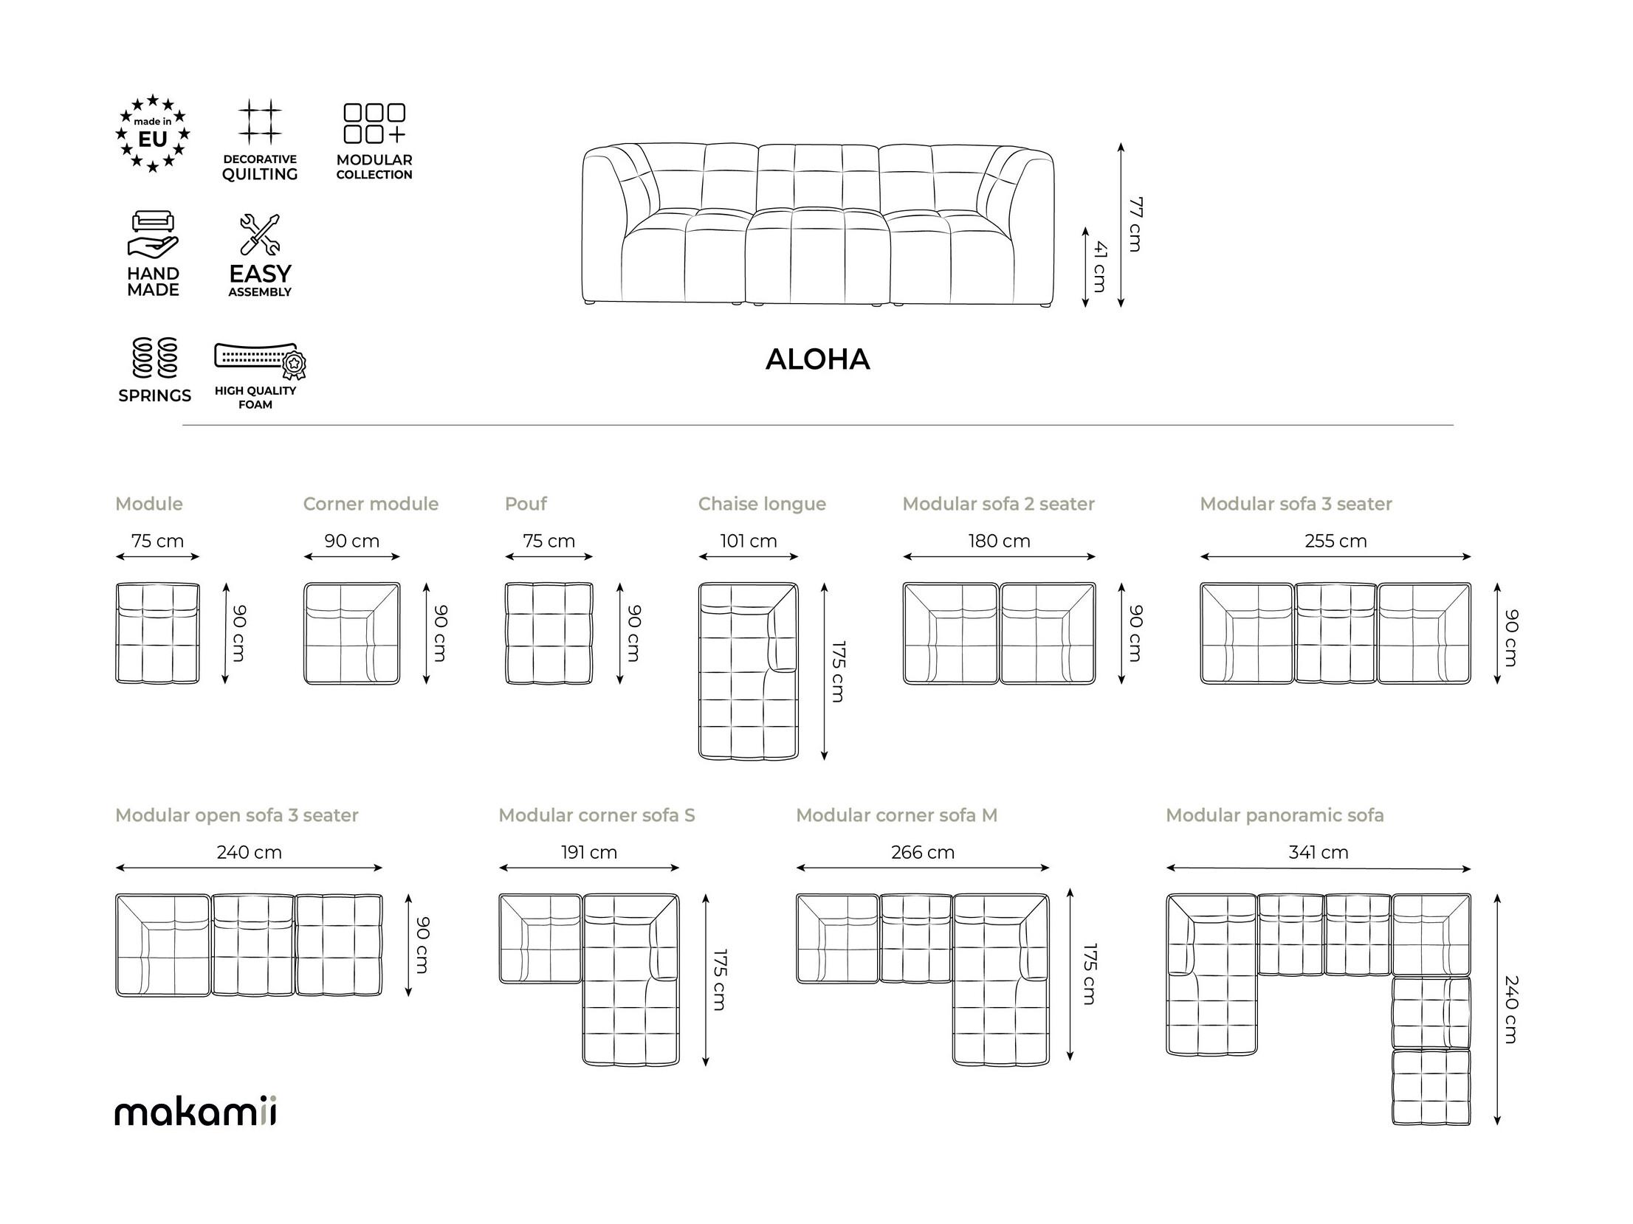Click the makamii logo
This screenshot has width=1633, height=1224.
(x=196, y=1112)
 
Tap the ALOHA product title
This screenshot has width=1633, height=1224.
(x=818, y=359)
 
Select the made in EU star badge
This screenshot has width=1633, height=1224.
(x=153, y=134)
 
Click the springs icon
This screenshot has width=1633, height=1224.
(x=155, y=358)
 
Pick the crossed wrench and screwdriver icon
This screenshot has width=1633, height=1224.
(x=260, y=235)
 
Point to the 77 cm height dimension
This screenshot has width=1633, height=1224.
(x=1135, y=224)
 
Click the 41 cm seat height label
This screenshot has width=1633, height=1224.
(x=1100, y=266)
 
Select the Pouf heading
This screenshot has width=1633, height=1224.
(x=526, y=504)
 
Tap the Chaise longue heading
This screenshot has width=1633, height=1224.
(x=762, y=504)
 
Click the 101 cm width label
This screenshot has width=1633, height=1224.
(x=749, y=541)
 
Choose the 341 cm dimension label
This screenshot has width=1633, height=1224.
(x=1319, y=852)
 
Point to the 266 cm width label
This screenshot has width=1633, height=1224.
(x=923, y=852)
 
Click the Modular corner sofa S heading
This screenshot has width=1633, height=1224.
(x=597, y=815)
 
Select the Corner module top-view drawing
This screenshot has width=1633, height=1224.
(x=352, y=633)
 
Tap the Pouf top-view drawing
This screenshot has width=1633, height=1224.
(x=549, y=633)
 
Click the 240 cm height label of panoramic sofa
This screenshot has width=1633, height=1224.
(x=1511, y=1009)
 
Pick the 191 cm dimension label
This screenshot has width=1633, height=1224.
(x=589, y=852)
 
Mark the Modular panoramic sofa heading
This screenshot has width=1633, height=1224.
(x=1275, y=815)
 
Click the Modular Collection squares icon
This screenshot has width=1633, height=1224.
(x=374, y=122)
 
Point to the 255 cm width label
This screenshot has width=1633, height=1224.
(x=1335, y=541)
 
